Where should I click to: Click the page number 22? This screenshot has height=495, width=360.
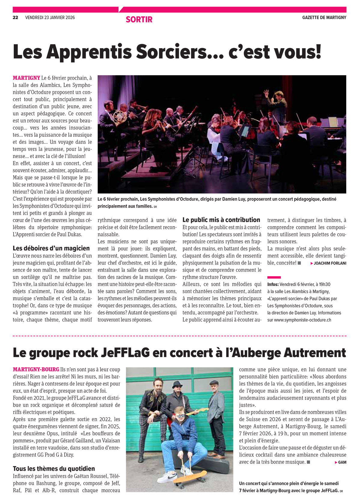click(x=15, y=18)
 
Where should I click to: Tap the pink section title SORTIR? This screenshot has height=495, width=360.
click(x=139, y=20)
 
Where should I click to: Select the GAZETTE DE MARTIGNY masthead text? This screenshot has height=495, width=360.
click(x=324, y=18)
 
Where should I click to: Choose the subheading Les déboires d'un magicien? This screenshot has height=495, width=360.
click(x=51, y=248)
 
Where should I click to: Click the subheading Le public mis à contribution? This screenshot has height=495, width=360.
click(x=221, y=220)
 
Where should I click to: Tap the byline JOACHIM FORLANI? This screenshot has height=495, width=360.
click(x=330, y=263)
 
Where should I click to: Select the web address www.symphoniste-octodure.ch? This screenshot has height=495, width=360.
click(x=302, y=320)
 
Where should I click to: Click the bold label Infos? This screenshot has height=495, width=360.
click(x=273, y=284)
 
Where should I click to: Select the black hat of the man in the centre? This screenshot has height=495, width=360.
click(x=178, y=384)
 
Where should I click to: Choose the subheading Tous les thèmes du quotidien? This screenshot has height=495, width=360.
click(x=54, y=469)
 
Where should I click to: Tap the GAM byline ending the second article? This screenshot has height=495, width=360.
click(x=342, y=462)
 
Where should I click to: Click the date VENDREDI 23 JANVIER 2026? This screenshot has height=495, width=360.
click(x=50, y=18)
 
